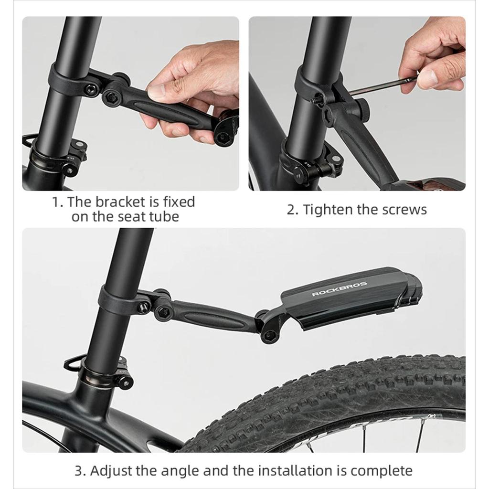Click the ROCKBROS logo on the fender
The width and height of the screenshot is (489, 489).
click(x=340, y=289)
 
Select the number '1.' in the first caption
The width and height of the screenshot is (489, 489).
click(x=58, y=202)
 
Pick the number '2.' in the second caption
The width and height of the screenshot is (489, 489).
click(x=293, y=210)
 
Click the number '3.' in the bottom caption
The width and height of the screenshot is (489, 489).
click(x=80, y=470)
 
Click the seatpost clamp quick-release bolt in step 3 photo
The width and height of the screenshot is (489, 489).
click(x=125, y=382)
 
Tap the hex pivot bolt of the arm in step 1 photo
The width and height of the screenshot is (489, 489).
click(x=110, y=97)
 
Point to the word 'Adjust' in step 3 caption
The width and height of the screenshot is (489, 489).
click(x=111, y=470)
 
